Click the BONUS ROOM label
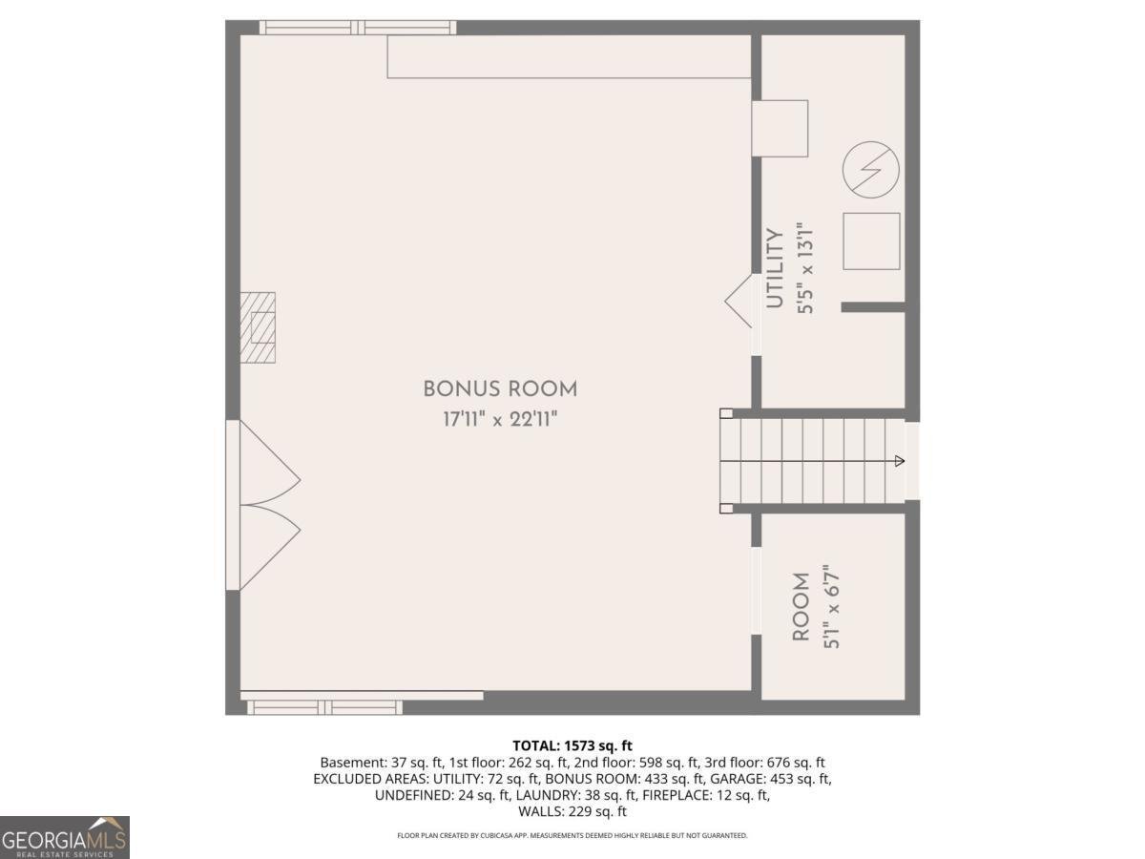(500, 389)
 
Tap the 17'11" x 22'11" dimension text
(500, 419)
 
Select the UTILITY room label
(775, 268)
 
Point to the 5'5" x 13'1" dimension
(805, 268)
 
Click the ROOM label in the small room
(801, 607)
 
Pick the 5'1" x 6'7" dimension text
(831, 607)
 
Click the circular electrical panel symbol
(870, 170)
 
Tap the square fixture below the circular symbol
(871, 241)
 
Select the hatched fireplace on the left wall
(258, 327)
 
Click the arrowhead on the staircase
(900, 461)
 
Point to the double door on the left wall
(263, 505)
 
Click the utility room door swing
(739, 301)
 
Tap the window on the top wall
(358, 27)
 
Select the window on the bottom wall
(324, 707)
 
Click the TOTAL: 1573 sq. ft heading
(572, 745)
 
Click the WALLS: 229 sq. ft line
(572, 811)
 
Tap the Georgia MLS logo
(64, 837)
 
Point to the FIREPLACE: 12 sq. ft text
(706, 795)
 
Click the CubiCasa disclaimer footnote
(572, 835)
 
